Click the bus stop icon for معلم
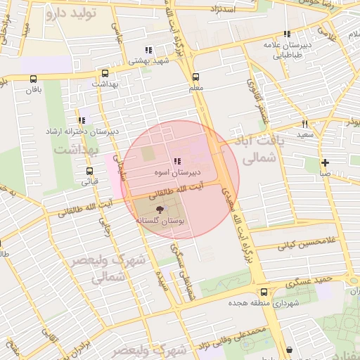pos(195,77)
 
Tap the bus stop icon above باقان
pos(34,79)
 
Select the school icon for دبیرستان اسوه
pos(176,161)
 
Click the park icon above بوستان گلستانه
pos(159,209)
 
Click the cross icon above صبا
pos(325,162)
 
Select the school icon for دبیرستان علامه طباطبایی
pos(286,34)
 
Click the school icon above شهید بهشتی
pos(148,50)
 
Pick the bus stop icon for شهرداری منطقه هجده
pos(264,292)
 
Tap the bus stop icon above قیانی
pos(89,171)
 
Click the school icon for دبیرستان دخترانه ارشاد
pos(83,120)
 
